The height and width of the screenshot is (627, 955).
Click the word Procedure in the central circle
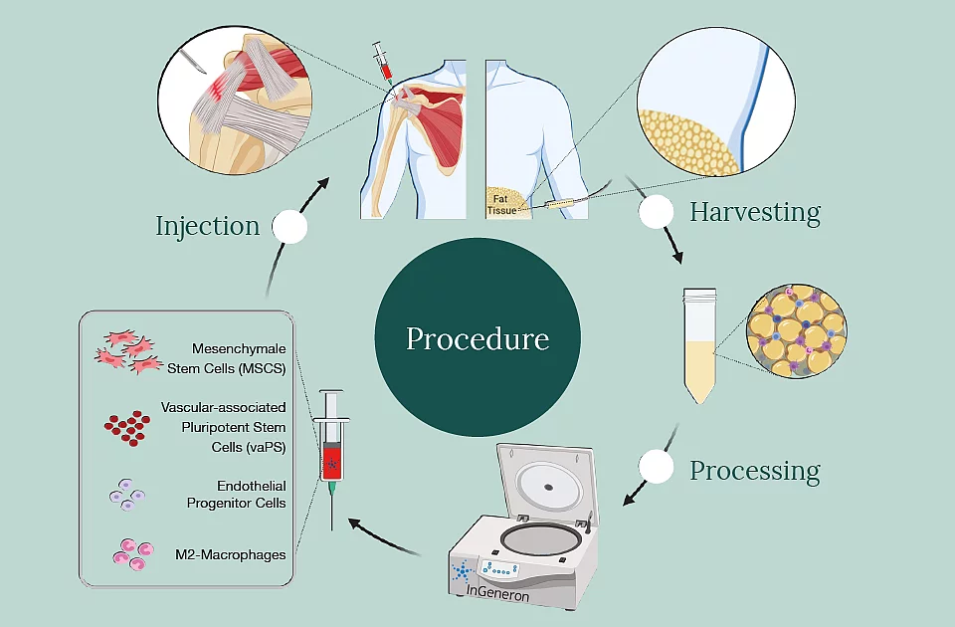(477, 338)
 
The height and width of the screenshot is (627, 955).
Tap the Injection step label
(207, 226)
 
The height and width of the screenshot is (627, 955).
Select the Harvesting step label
(755, 211)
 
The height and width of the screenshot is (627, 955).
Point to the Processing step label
(755, 470)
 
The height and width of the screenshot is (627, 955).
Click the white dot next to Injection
(289, 227)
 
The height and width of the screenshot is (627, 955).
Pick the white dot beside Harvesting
(656, 212)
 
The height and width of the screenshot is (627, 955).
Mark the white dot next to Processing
(656, 468)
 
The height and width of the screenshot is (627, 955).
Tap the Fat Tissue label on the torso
(501, 204)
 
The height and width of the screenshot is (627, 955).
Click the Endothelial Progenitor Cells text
(237, 495)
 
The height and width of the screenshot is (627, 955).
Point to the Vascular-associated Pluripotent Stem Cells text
(224, 427)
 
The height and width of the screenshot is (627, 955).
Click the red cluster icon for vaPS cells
(126, 426)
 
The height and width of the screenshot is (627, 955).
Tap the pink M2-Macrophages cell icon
(131, 553)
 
